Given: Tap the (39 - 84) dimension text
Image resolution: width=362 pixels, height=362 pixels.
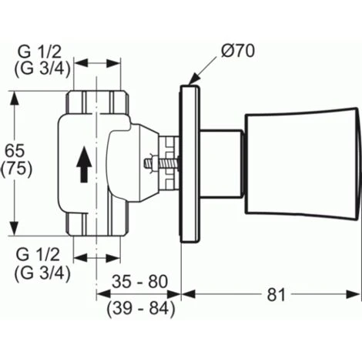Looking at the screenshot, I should [139, 308].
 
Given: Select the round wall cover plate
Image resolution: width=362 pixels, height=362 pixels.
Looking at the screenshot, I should [189, 164].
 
